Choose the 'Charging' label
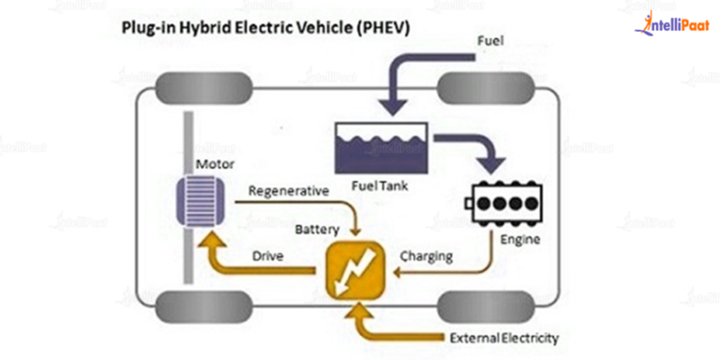[x=427, y=255]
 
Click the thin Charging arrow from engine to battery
[x=450, y=273]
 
